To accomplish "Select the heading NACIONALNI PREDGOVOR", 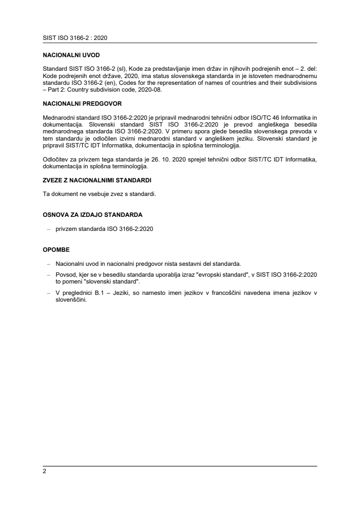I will (x=82, y=103).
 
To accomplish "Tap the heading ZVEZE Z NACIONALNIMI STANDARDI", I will (x=97, y=180).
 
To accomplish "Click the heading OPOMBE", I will (x=56, y=250).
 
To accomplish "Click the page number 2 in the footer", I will (x=44, y=471).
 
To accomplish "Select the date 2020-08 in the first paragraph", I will (x=148, y=90).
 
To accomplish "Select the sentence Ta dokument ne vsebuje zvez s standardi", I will (x=99, y=194).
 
